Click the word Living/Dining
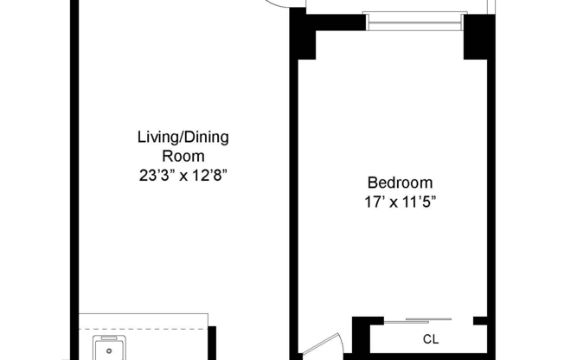(x=183, y=138)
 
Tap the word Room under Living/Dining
(x=183, y=157)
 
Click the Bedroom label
(x=400, y=183)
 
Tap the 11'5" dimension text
(x=421, y=202)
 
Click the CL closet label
(x=430, y=339)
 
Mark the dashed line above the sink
(x=143, y=328)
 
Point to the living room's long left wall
(x=74, y=173)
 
